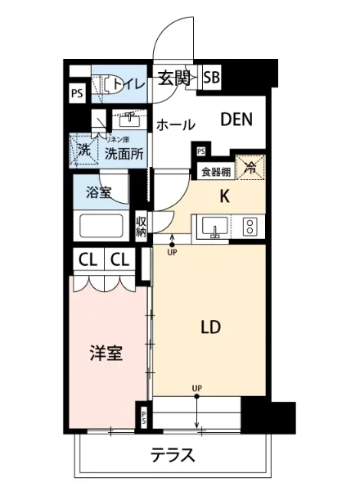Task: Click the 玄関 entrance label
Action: pyautogui.click(x=173, y=79)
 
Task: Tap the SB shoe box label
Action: pyautogui.click(x=211, y=79)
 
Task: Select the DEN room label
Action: pyautogui.click(x=236, y=119)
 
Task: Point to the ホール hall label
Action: pyautogui.click(x=175, y=125)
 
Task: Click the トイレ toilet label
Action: pyautogui.click(x=128, y=83)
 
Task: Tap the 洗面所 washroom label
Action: pyautogui.click(x=124, y=151)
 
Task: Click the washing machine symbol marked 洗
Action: pyautogui.click(x=83, y=150)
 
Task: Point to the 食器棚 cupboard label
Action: pyautogui.click(x=215, y=172)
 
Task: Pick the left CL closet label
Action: pyautogui.click(x=88, y=261)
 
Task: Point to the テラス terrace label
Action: pyautogui.click(x=172, y=455)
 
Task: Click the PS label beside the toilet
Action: pyautogui.click(x=76, y=92)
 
